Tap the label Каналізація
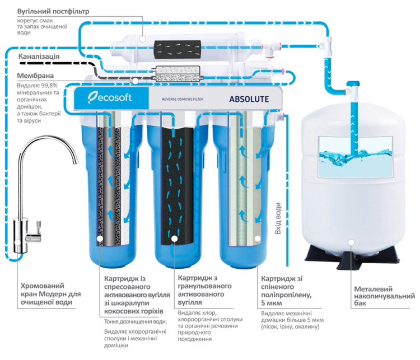39,57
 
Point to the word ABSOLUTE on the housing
249,100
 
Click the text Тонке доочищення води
136,321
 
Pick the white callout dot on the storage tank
351,242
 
